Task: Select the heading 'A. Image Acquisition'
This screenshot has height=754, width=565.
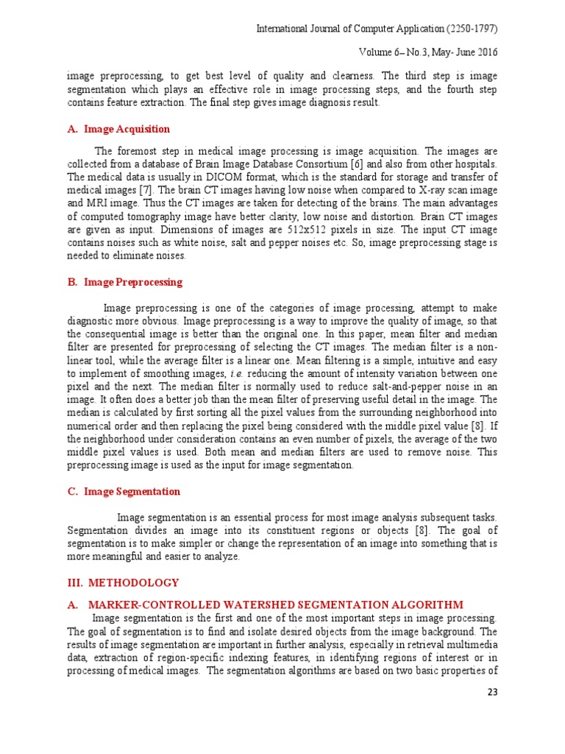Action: (x=118, y=129)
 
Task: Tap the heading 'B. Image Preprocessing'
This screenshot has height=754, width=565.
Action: (x=124, y=282)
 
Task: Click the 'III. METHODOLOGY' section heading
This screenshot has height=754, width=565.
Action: (x=122, y=582)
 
